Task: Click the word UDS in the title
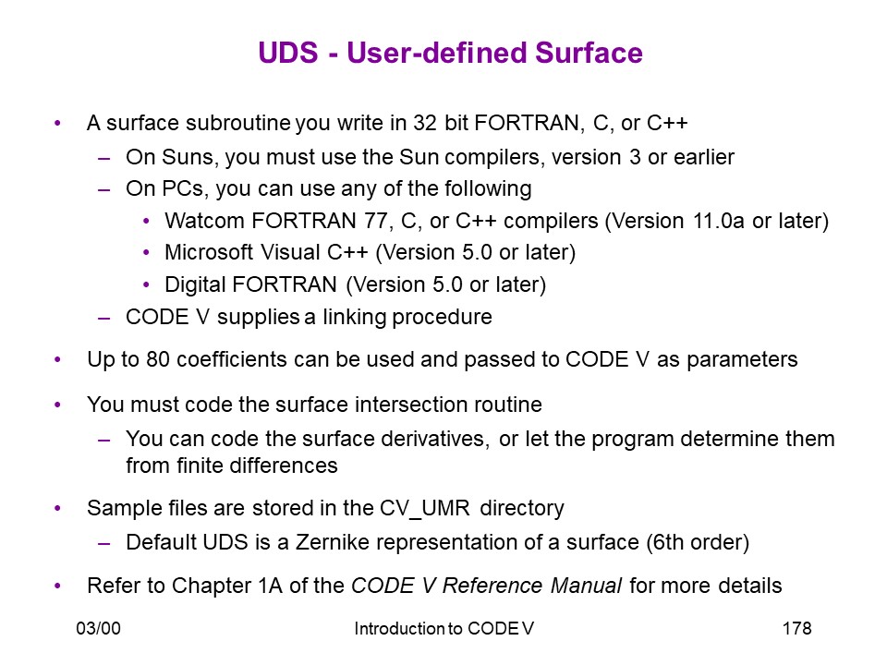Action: (288, 53)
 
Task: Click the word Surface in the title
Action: (589, 53)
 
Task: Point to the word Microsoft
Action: (209, 252)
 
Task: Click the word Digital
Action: (195, 284)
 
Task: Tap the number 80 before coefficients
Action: (158, 359)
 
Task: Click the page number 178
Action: (797, 628)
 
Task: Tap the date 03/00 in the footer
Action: (99, 628)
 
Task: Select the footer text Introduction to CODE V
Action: (444, 628)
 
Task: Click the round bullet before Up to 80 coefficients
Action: (57, 359)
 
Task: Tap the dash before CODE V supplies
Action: (104, 319)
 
